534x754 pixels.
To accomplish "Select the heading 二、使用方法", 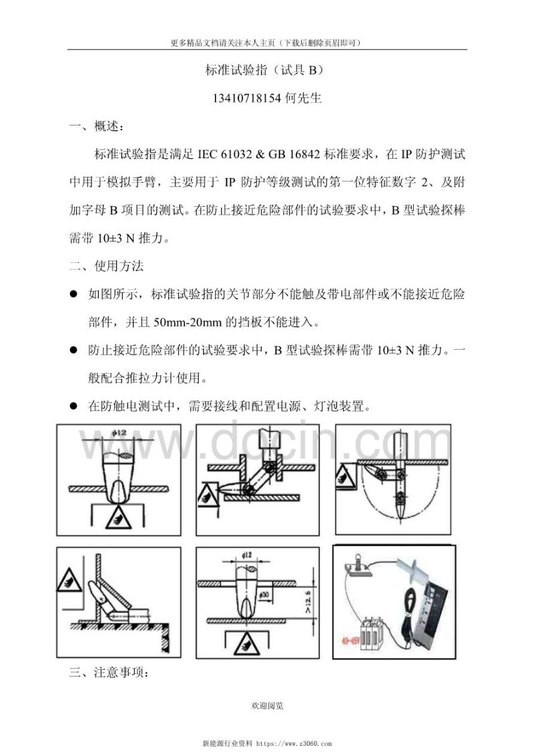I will tap(106, 266).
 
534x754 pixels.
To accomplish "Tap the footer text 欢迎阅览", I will tap(267, 705).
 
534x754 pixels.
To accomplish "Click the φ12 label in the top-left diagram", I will tap(113, 434).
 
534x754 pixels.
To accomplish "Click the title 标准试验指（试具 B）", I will tap(266, 69).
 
